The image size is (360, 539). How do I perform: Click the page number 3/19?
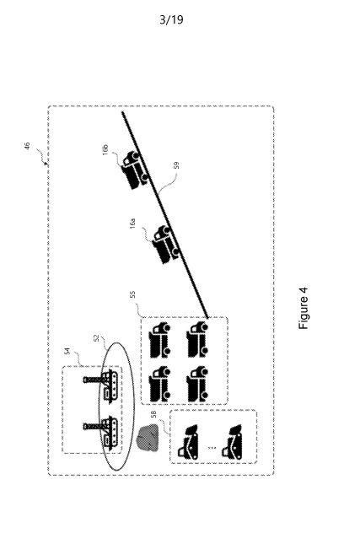coord(171,19)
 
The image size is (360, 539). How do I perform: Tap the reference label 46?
coord(27,146)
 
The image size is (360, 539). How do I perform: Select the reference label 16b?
coord(105,149)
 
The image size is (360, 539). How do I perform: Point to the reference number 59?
coord(176,165)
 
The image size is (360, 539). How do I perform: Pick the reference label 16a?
coord(132,223)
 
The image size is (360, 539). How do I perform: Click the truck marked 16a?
coord(166,245)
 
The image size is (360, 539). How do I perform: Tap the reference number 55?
coord(133,294)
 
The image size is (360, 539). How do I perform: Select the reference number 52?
coord(96,338)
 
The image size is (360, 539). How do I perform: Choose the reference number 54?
coord(67,351)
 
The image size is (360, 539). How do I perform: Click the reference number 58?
coord(154,414)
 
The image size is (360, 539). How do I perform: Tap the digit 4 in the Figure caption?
coord(304,291)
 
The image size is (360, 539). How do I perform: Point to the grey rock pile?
coord(148,437)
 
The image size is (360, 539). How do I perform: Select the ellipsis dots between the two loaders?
coord(212,448)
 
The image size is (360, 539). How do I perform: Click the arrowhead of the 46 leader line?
coord(46,164)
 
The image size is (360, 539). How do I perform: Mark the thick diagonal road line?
coord(165,214)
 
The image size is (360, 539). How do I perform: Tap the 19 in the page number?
coord(177,19)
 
